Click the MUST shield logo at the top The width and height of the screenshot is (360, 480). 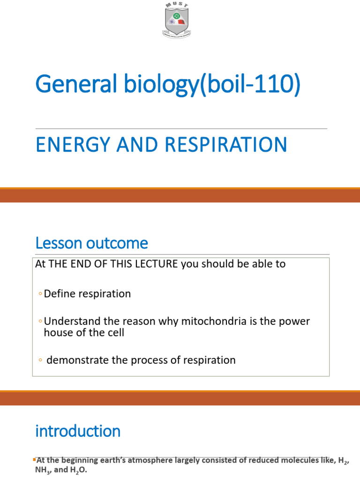(180, 22)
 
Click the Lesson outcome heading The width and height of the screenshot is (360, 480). (91, 243)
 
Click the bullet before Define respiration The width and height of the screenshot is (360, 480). (40, 294)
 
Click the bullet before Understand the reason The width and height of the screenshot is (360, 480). (40, 322)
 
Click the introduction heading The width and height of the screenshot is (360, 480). (78, 431)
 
